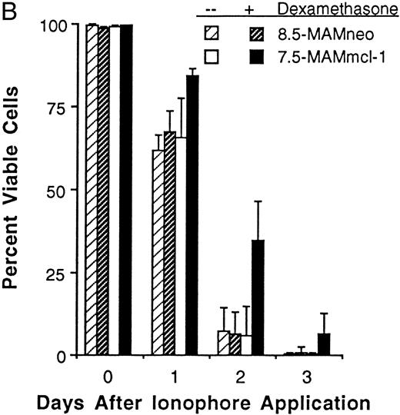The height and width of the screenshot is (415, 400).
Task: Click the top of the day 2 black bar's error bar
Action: click(259, 201)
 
